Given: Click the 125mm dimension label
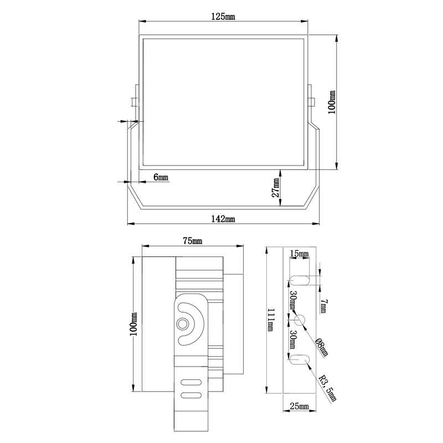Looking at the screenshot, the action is pos(223,17).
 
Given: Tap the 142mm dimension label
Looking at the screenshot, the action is pos(223,219).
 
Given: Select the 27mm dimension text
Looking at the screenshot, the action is pos(275,188).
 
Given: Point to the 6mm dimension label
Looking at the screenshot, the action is pos(161,177).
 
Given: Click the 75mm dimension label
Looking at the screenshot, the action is pos(192,241).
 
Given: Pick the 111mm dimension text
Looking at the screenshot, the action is pos(270,320).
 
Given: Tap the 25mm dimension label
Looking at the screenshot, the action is pos(300,406).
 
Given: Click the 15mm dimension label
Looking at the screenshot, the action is pos(299,254).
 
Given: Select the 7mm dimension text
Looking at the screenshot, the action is pos(324,306).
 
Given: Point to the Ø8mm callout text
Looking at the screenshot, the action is pos(322,347).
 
